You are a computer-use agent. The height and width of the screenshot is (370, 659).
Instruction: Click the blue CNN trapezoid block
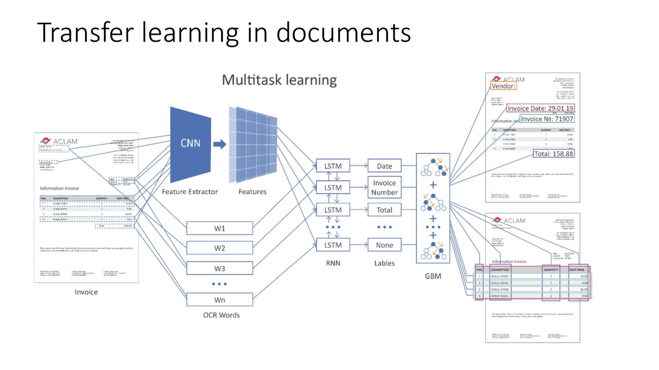(190, 144)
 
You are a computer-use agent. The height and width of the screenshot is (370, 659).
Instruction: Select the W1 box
(220, 228)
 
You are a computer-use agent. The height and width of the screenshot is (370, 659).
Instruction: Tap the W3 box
(220, 268)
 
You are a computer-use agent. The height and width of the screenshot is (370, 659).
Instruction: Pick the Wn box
(220, 299)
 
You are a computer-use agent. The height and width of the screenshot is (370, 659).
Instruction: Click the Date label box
(384, 166)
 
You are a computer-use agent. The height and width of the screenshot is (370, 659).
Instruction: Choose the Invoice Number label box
(384, 187)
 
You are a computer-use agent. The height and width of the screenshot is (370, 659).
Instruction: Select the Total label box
(384, 210)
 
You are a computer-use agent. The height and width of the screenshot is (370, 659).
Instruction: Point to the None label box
(384, 245)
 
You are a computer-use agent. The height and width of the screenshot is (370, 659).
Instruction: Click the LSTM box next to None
(333, 245)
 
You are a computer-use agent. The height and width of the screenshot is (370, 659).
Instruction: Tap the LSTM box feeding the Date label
(333, 166)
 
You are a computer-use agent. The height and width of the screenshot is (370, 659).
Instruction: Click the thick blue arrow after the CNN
(220, 144)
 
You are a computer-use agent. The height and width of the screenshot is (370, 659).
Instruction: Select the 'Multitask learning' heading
(279, 80)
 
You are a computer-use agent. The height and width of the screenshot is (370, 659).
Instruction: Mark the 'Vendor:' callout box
(503, 86)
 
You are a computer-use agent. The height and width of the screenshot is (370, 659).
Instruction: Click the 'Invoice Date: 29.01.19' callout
(540, 108)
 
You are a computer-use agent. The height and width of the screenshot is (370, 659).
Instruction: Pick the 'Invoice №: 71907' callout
(547, 119)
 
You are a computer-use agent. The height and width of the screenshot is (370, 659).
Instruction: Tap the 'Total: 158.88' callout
(554, 154)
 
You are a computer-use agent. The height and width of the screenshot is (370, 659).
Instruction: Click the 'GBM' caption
(433, 276)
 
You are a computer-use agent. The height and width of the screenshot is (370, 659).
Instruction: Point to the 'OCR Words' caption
(221, 315)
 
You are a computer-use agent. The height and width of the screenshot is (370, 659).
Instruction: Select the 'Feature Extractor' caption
(189, 192)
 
